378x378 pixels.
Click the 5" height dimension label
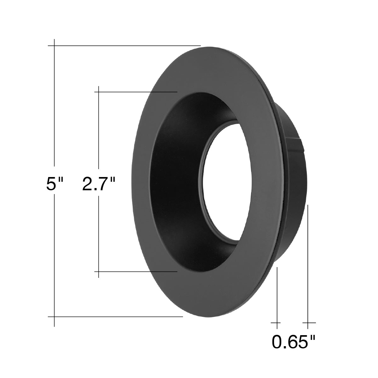[54, 184]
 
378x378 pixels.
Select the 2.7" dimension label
[99, 184]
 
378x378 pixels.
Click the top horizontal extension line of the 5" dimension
[124, 46]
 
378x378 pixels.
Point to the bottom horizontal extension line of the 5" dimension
[115, 322]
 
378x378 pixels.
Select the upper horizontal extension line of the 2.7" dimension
[136, 92]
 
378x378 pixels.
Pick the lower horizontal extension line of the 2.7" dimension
[136, 272]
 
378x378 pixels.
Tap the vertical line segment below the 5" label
[54, 263]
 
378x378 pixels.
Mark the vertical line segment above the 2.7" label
[99, 128]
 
